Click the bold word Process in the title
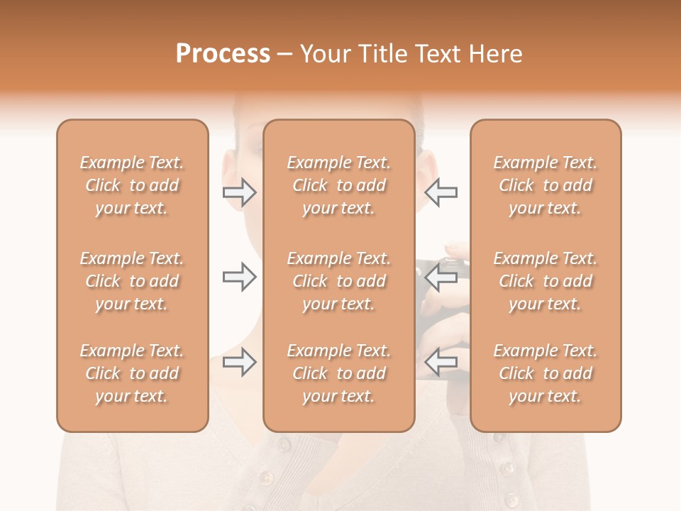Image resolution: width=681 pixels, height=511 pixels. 223,54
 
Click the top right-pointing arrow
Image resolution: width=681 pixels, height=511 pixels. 239,192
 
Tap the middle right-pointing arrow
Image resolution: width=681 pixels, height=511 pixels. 239,276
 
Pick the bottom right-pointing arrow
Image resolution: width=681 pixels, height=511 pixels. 239,363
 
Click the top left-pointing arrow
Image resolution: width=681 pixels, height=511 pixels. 441,192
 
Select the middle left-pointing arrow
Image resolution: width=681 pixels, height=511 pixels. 441,276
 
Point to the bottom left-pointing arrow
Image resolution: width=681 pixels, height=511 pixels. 441,363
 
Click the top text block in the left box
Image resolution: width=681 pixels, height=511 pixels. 132,185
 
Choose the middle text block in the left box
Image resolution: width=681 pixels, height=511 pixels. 132,281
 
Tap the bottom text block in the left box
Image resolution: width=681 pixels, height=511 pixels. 132,373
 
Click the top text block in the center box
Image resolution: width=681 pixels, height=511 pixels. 338,185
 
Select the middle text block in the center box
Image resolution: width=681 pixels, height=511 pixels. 338,281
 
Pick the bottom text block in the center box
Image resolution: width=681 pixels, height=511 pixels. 338,373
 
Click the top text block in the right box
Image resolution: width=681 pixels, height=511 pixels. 545,185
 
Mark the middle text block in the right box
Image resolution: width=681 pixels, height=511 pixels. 545,281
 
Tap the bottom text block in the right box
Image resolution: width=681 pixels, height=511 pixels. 545,373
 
